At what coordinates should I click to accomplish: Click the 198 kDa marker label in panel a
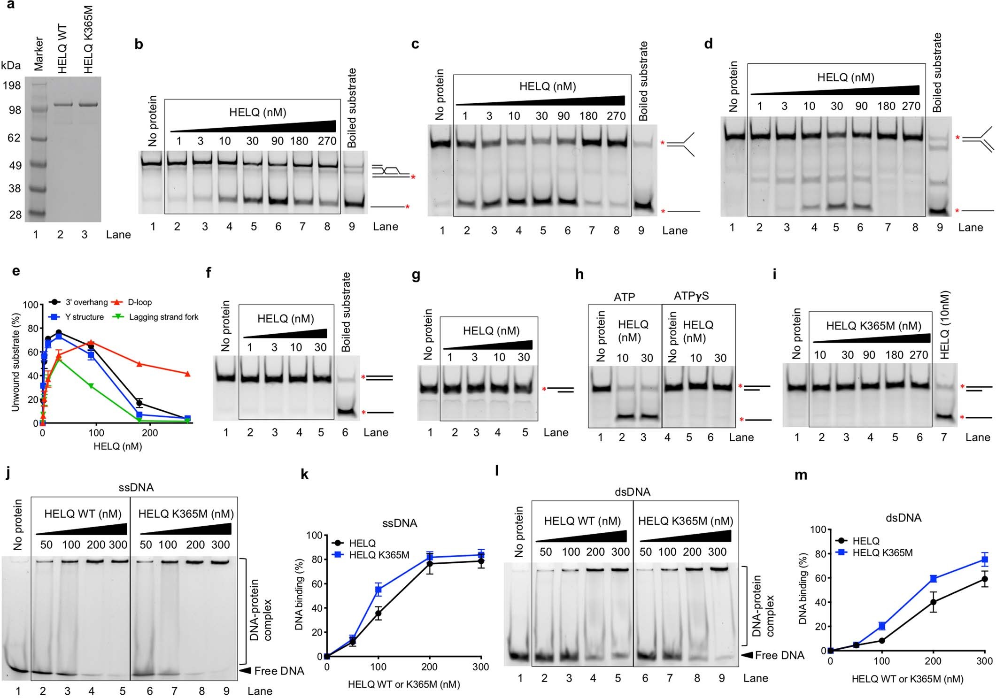(11, 85)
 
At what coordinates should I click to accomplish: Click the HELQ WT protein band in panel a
(63, 105)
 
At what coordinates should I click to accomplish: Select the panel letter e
(16, 271)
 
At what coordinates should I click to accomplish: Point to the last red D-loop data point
(187, 374)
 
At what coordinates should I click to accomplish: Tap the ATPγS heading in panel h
(691, 296)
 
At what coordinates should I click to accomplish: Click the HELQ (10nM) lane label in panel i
(945, 325)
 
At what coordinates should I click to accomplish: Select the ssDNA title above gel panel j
(136, 487)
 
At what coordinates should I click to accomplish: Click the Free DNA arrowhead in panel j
(245, 671)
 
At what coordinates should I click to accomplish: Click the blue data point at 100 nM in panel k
(378, 589)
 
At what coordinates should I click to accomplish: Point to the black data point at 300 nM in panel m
(984, 579)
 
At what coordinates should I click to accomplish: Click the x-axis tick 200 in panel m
(933, 661)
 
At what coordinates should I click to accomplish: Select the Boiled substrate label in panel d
(937, 73)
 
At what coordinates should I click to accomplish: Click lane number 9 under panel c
(641, 230)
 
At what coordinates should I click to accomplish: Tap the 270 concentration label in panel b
(327, 141)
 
